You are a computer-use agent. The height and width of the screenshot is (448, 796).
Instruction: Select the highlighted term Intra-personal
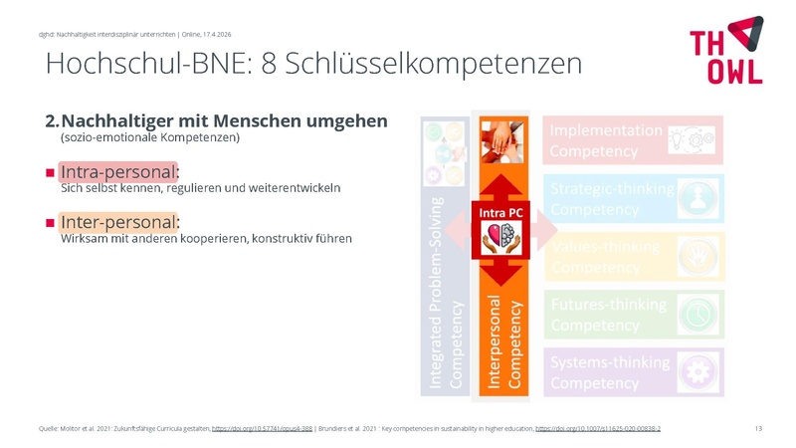(x=118, y=171)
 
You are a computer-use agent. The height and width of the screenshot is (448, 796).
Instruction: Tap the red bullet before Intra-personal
(x=50, y=172)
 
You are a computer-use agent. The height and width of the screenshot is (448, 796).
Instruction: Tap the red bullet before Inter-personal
(x=50, y=222)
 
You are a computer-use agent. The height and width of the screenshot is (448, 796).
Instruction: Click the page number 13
(x=758, y=428)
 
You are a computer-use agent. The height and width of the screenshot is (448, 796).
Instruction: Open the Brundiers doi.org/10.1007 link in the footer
(x=597, y=428)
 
